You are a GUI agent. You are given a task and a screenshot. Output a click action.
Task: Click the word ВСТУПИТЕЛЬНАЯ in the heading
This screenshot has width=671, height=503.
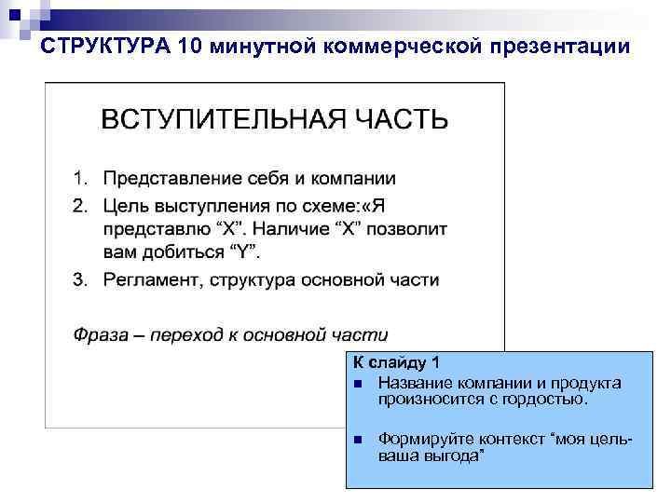coord(218,120)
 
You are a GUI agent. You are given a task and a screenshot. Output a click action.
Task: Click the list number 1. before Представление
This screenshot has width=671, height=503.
coord(81,177)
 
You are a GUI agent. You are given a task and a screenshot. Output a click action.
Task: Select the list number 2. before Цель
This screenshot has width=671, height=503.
coord(81,203)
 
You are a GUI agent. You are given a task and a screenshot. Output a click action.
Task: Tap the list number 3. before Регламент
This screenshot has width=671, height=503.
coord(81,280)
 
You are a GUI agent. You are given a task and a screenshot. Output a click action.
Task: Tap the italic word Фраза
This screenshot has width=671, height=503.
coord(100,334)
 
